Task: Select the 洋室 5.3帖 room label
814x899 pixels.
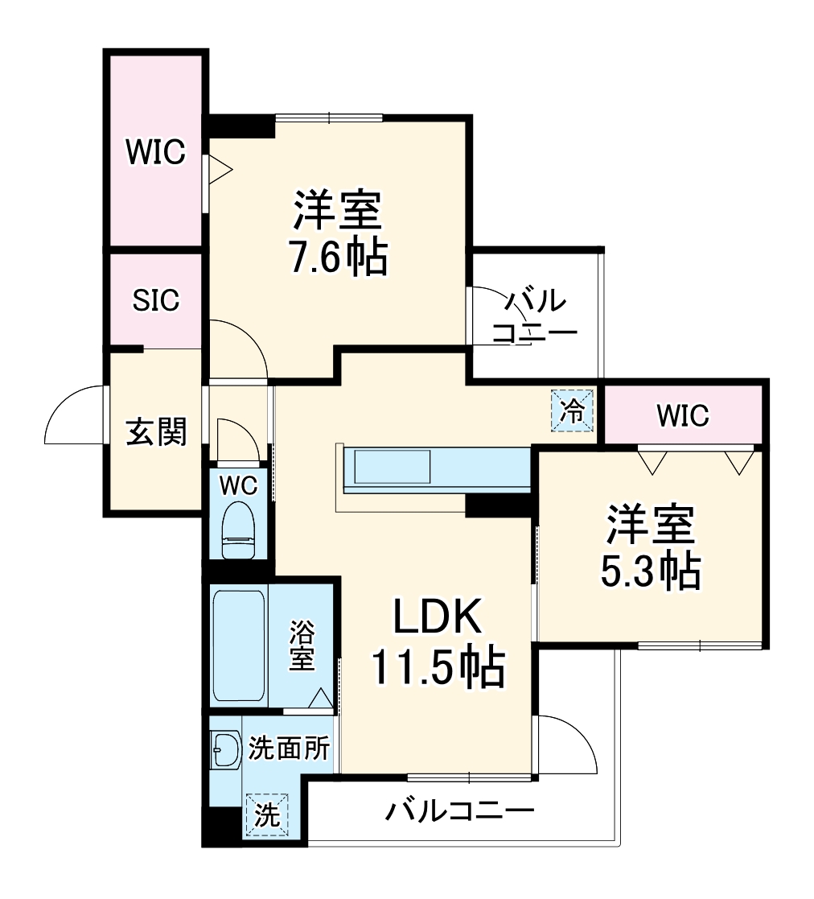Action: [x=650, y=548]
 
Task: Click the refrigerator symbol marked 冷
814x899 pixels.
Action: [x=573, y=411]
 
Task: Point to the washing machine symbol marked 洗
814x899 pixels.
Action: [x=267, y=815]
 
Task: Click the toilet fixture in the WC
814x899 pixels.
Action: [x=238, y=530]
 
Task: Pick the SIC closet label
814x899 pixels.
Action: [x=156, y=300]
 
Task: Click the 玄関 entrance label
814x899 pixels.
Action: [x=156, y=432]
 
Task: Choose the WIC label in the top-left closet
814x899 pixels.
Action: [x=155, y=151]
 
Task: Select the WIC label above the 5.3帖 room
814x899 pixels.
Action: [x=682, y=415]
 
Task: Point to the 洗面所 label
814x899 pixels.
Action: [x=289, y=748]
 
